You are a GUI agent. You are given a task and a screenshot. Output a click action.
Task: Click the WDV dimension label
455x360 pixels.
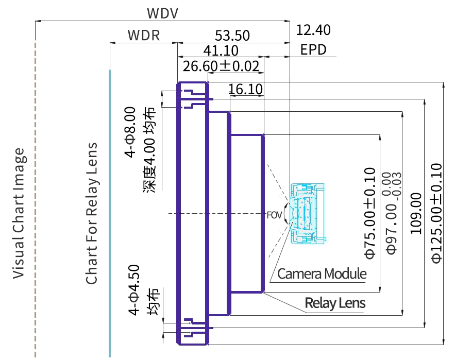(162, 13)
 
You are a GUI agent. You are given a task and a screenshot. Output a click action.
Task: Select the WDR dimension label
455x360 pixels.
(144, 36)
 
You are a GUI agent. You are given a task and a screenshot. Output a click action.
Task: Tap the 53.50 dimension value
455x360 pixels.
(232, 36)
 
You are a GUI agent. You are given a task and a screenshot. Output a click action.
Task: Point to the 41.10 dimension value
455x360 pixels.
(221, 50)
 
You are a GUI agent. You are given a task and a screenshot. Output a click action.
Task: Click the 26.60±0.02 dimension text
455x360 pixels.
(221, 66)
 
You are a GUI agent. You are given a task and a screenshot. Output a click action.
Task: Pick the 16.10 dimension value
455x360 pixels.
(245, 89)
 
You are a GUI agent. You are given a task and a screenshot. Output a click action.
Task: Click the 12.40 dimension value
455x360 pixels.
(313, 30)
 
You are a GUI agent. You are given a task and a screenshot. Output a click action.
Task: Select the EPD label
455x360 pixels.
(313, 49)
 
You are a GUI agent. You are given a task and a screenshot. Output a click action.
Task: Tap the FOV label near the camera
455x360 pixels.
(274, 215)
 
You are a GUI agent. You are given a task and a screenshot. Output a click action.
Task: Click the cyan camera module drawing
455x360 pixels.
(308, 214)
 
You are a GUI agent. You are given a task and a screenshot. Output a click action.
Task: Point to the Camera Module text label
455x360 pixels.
(322, 273)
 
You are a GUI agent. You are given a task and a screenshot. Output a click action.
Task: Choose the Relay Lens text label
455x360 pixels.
(335, 303)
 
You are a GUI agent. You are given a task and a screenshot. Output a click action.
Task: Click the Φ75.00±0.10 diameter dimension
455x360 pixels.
(370, 213)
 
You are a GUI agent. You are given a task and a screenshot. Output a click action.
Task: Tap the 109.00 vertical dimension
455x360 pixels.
(415, 214)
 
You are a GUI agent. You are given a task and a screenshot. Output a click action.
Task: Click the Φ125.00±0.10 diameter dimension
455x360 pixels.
(436, 214)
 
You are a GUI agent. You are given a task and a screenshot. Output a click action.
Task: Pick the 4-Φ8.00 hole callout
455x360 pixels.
(130, 132)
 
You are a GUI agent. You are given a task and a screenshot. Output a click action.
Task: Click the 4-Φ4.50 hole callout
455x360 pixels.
(134, 290)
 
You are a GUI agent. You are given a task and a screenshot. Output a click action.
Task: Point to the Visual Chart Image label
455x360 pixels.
(18, 214)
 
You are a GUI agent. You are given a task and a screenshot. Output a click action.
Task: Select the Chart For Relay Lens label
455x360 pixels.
(92, 213)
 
